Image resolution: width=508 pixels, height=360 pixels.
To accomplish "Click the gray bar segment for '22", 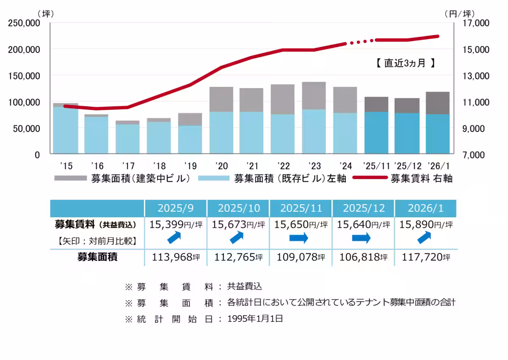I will [x=282, y=99].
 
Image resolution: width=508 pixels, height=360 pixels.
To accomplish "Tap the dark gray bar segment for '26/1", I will [x=438, y=103].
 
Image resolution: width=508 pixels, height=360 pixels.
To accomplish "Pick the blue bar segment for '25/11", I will [x=376, y=132].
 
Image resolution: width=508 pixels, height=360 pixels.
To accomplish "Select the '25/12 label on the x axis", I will [x=407, y=166].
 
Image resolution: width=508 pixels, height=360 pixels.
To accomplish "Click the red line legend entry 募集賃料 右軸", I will [x=402, y=179].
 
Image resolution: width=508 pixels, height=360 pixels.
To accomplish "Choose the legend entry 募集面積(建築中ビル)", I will [x=123, y=179].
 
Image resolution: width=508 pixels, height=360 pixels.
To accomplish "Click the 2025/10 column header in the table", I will [x=238, y=208].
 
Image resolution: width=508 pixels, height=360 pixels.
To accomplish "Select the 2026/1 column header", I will [x=425, y=208].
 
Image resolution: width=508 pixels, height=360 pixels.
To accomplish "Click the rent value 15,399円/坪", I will [x=176, y=224].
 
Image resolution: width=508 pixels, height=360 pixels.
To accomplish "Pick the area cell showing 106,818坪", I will [x=363, y=257].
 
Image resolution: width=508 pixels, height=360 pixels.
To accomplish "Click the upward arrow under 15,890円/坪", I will [x=425, y=238].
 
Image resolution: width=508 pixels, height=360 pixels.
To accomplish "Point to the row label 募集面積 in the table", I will [x=97, y=257].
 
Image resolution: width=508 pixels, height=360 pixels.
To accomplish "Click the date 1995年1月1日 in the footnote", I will [x=255, y=319].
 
